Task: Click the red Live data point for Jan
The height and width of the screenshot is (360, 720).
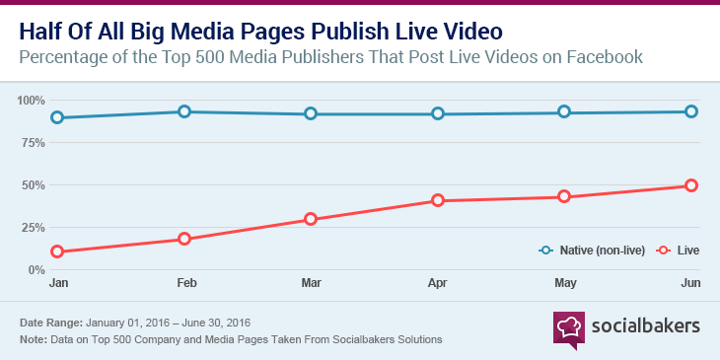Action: tap(57, 252)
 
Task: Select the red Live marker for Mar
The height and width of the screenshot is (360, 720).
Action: tap(311, 219)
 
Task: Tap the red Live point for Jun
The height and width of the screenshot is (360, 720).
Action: tap(691, 185)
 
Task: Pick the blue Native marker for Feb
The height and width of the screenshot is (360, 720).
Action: tap(183, 111)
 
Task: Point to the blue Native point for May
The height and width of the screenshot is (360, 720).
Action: tap(564, 112)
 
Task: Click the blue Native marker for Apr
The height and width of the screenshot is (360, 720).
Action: tap(438, 114)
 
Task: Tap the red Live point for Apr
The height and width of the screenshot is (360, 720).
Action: tap(438, 201)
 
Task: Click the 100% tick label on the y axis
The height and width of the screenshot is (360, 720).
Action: tap(32, 101)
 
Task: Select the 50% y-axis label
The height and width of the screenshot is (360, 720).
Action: tap(34, 185)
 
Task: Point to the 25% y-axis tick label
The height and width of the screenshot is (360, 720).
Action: tap(34, 228)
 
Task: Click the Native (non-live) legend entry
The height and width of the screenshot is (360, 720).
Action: tap(592, 251)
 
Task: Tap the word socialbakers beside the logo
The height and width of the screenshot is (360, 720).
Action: tap(645, 325)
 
